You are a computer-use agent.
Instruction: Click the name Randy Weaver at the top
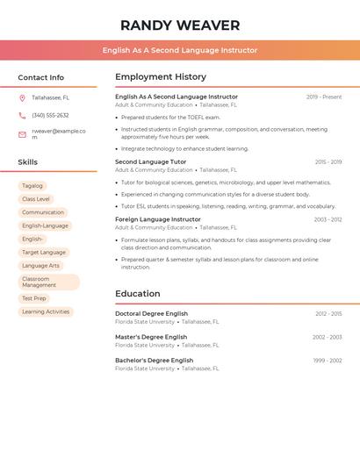click(179, 25)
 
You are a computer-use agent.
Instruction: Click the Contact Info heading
click(40, 77)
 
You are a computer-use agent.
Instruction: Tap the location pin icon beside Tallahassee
click(22, 98)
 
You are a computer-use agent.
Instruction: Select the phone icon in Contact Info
click(22, 116)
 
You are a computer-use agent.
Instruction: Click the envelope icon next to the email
click(22, 134)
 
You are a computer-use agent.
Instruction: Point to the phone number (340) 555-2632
click(50, 116)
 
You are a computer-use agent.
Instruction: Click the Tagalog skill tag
click(32, 186)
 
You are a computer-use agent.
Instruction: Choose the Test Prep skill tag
click(34, 298)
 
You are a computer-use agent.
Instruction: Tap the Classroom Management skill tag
click(48, 282)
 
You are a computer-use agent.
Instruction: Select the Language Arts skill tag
click(40, 265)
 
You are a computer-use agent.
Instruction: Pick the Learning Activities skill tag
click(46, 311)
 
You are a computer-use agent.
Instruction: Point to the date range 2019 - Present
click(324, 97)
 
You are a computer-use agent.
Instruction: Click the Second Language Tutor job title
click(151, 162)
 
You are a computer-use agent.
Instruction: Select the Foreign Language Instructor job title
click(158, 219)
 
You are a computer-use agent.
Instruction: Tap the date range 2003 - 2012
click(328, 219)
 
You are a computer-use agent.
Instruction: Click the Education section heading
click(138, 294)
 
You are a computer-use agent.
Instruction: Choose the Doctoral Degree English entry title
click(152, 313)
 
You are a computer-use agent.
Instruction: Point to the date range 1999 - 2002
click(328, 361)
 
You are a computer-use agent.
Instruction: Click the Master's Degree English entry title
click(151, 337)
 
